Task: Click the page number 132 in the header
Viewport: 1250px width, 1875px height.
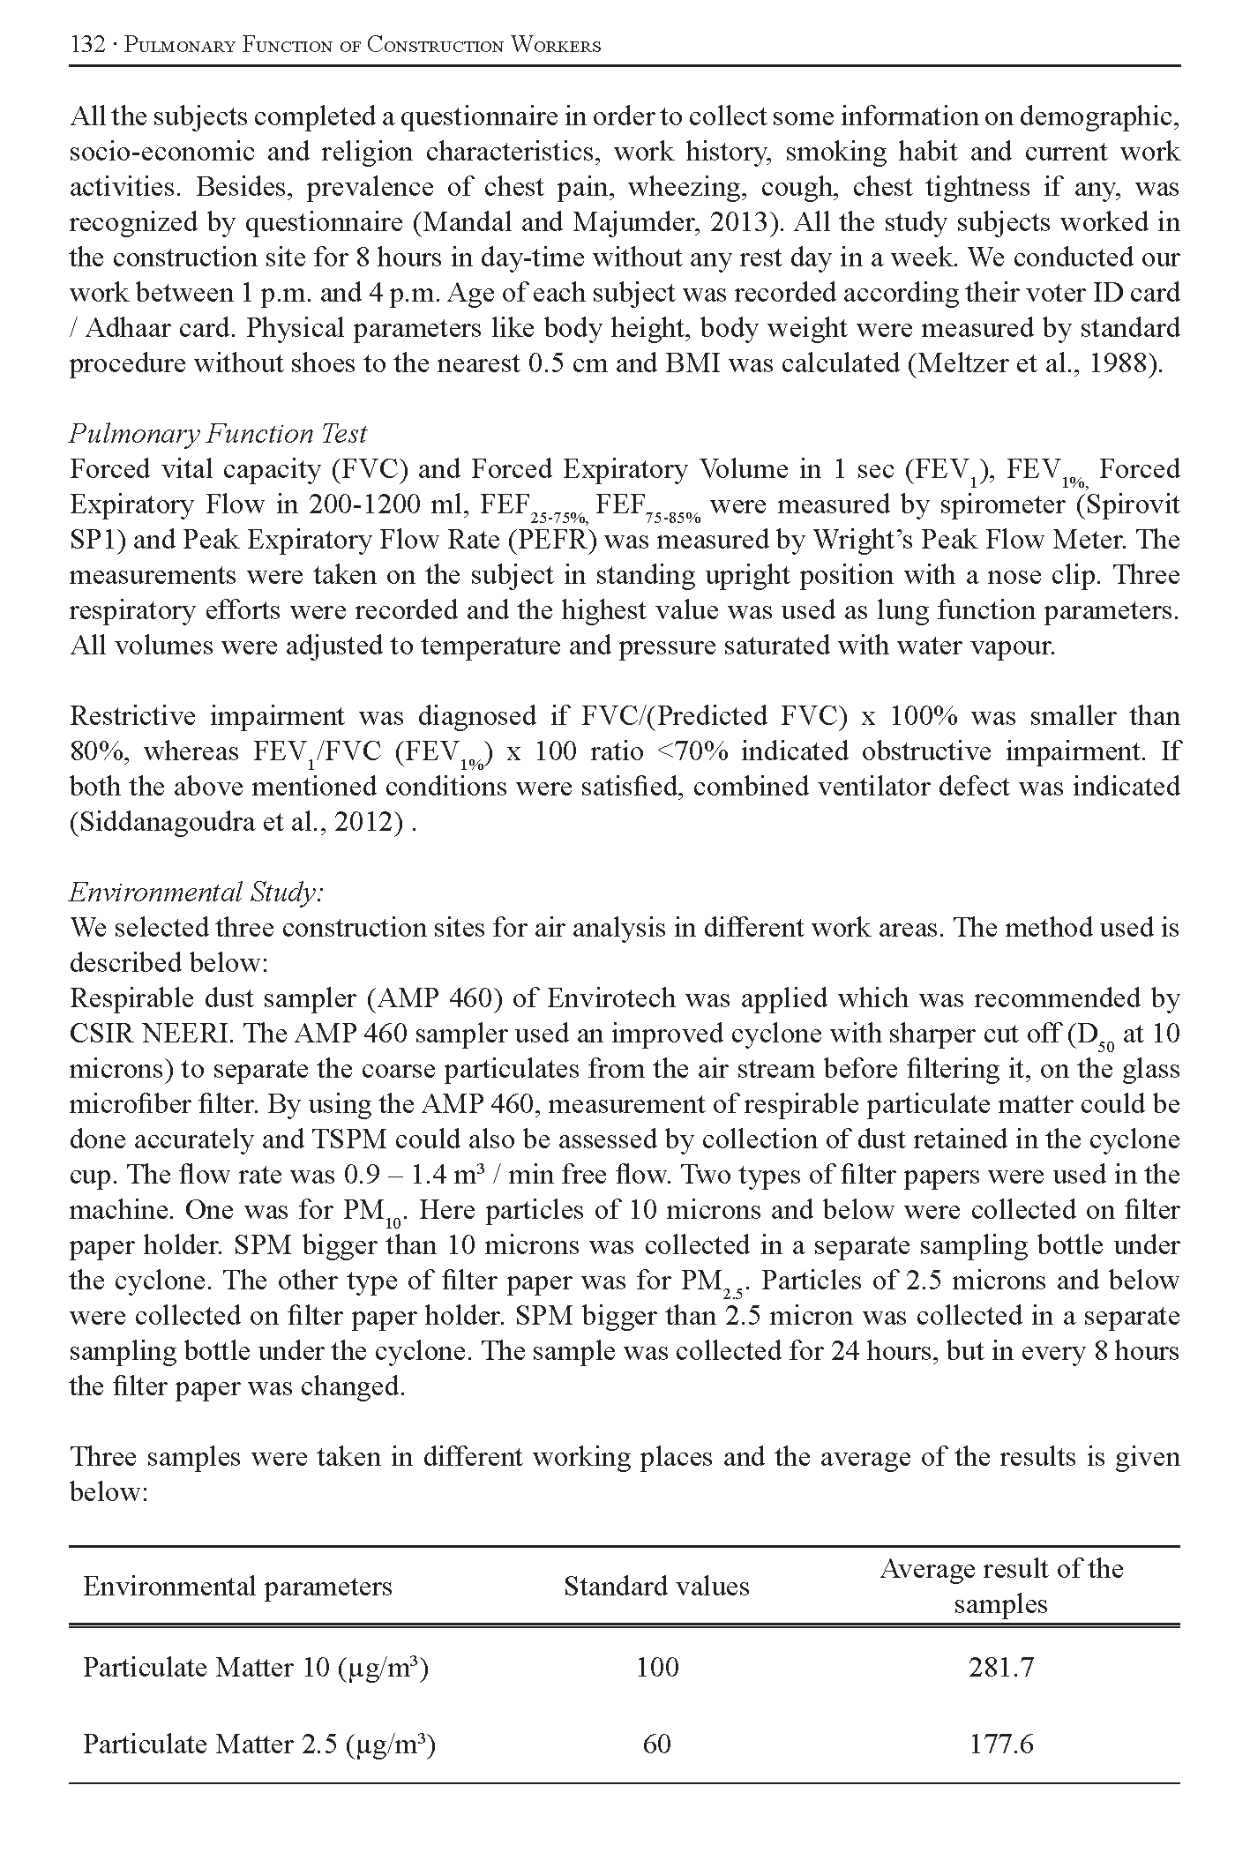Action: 87,45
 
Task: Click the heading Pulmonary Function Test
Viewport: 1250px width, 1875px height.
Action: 218,434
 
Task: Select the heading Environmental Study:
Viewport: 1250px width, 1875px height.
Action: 197,893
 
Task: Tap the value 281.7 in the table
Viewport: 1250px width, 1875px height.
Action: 1001,1668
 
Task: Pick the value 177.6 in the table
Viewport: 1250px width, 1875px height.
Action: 1001,1744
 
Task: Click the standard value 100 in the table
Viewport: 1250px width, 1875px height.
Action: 657,1668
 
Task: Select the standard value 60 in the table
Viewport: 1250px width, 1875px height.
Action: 657,1744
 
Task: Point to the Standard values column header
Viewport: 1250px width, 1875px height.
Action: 656,1587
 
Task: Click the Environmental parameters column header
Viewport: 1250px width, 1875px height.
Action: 237,1587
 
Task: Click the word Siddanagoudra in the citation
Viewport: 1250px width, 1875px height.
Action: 167,822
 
